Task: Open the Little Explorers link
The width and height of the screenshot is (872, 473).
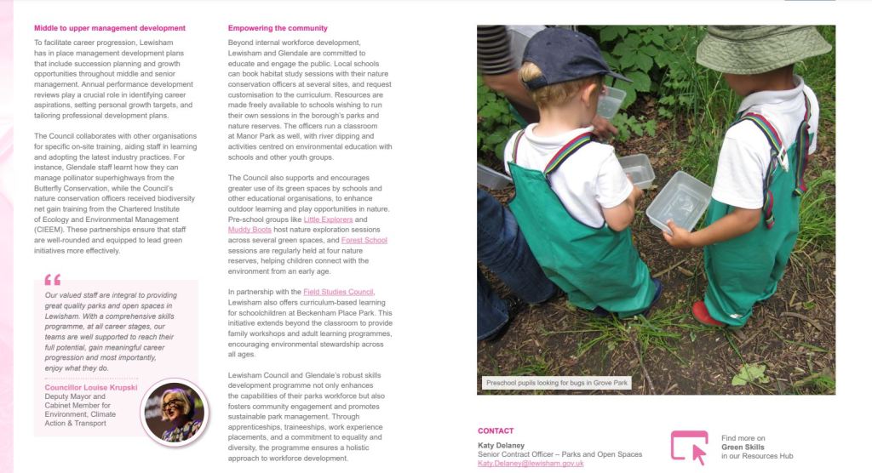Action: pos(328,219)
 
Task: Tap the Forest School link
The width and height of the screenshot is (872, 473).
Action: pos(364,240)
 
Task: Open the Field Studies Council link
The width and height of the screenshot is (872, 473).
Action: pos(338,292)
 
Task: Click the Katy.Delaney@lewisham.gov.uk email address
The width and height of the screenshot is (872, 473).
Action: pos(531,464)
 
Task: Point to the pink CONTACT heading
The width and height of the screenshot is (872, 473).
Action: pos(496,430)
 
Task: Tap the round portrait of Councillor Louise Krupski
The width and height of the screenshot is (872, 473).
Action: pos(173,413)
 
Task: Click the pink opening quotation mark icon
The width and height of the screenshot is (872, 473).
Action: pos(53,279)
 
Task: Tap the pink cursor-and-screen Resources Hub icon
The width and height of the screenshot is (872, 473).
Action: pos(689,447)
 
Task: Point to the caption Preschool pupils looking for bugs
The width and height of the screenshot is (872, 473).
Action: pos(556,383)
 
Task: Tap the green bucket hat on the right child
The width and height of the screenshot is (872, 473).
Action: pos(762,48)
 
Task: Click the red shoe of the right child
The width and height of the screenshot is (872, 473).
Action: pos(707,314)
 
